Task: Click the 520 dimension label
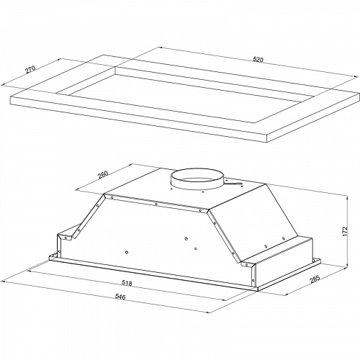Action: coord(258,59)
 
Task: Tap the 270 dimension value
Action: coord(30,69)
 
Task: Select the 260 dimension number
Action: coord(104,174)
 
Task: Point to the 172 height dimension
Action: coord(345,231)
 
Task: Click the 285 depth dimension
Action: coord(315,279)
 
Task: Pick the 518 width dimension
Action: coord(127,283)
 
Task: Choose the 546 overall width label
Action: coord(120,297)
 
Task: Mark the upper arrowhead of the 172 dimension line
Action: coord(347,198)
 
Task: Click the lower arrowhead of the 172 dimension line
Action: coord(347,265)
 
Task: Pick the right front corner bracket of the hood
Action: coord(249,265)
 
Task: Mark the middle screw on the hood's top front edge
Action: coord(156,204)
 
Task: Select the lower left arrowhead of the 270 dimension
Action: coord(4,85)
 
